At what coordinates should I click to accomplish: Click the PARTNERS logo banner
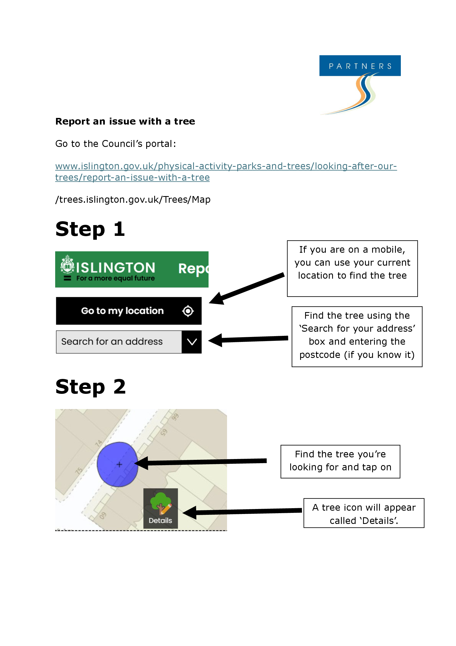[x=360, y=66]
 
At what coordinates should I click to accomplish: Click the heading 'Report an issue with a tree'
[x=125, y=121]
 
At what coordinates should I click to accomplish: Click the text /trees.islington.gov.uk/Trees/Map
[x=133, y=199]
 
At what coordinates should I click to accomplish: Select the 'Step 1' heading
[x=90, y=229]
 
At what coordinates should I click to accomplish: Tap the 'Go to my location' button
[x=122, y=311]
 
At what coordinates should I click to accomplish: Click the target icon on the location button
[x=188, y=311]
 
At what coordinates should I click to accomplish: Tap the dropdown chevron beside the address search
[x=192, y=342]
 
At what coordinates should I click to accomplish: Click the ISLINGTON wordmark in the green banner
[x=116, y=268]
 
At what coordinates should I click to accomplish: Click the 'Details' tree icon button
[x=161, y=508]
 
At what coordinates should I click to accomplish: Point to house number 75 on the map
[x=79, y=470]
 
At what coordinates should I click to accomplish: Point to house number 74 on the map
[x=98, y=444]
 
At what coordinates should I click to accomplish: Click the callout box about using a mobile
[x=352, y=268]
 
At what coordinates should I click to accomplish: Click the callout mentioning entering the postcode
[x=356, y=336]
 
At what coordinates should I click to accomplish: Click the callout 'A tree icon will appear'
[x=364, y=513]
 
